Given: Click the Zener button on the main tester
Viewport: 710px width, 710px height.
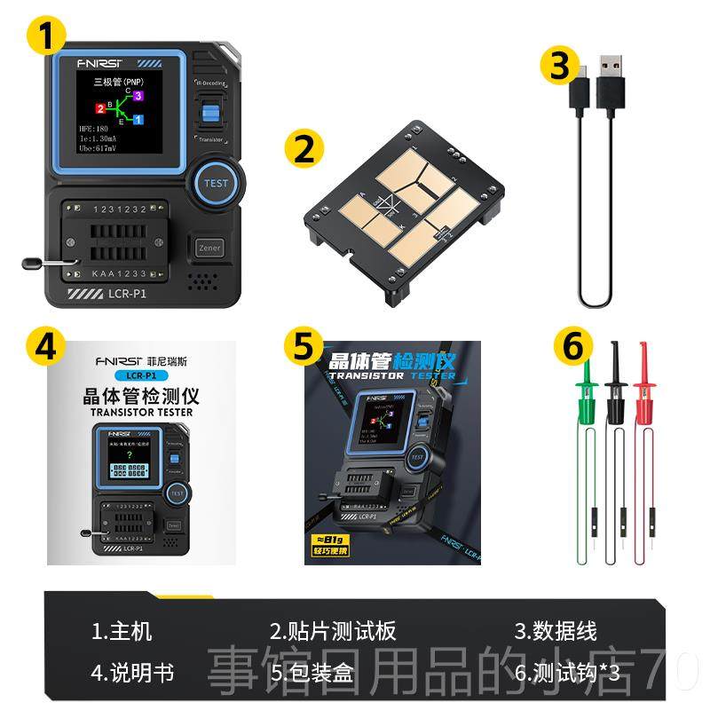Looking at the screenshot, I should pyautogui.click(x=209, y=248).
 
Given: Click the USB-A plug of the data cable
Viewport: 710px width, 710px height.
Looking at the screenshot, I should pyautogui.click(x=610, y=71).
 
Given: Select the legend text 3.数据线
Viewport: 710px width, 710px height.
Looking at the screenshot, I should pyautogui.click(x=556, y=631).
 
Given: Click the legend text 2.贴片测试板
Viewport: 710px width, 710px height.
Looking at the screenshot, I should pyautogui.click(x=333, y=631).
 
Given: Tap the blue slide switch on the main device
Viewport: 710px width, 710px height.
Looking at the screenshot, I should pyautogui.click(x=211, y=113).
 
